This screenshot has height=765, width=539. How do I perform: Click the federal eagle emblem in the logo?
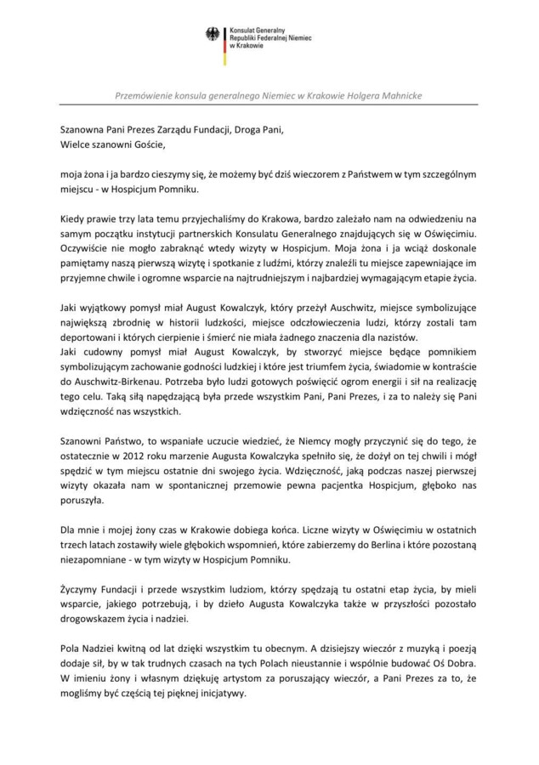pyautogui.click(x=212, y=33)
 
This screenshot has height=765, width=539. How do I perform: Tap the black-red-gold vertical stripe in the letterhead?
pyautogui.click(x=224, y=44)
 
